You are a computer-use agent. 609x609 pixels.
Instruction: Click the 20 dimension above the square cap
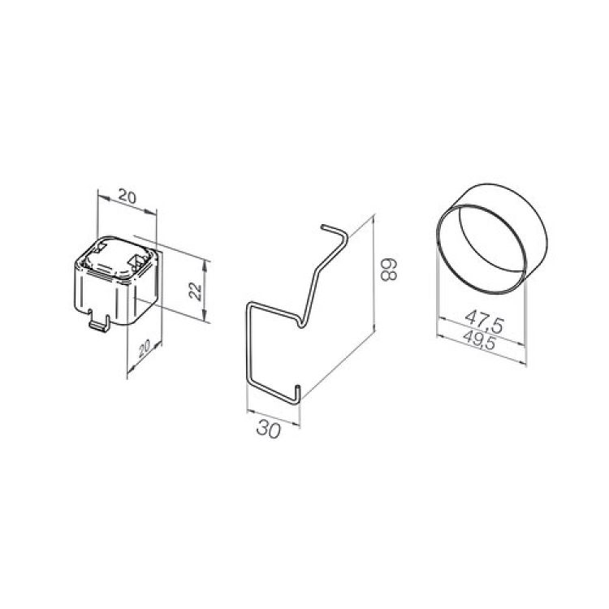pos(127,197)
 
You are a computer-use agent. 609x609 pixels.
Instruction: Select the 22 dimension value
pos(195,292)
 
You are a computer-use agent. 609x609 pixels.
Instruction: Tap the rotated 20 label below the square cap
pos(144,349)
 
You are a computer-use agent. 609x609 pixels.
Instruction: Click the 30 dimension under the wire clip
pos(269,430)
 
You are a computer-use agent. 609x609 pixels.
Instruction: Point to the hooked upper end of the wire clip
pos(335,232)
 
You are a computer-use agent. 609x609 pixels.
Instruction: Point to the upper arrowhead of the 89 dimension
pos(374,220)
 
